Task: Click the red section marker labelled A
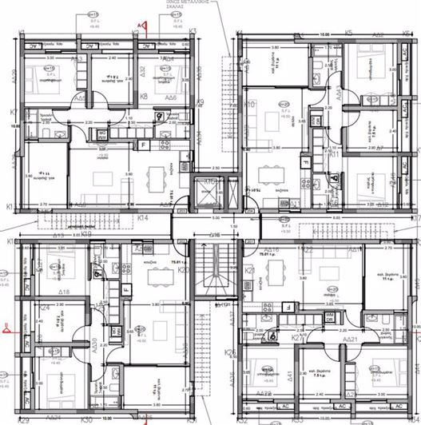tap(143, 26)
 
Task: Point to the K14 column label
tap(144, 216)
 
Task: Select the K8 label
tap(144, 96)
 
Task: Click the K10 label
tap(248, 105)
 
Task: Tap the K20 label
tap(182, 270)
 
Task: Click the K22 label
tap(307, 251)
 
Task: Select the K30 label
tap(87, 419)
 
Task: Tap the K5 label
tap(348, 33)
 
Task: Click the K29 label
tap(24, 419)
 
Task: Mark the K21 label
tap(248, 270)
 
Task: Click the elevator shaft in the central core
tap(209, 194)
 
